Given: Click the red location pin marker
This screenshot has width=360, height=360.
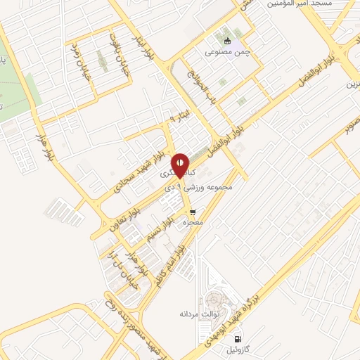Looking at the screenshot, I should (181, 165).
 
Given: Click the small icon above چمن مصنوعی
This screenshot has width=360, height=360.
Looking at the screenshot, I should (226, 39).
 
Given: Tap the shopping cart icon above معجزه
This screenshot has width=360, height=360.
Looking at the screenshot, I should (192, 211).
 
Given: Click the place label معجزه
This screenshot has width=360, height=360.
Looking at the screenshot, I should (193, 223).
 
